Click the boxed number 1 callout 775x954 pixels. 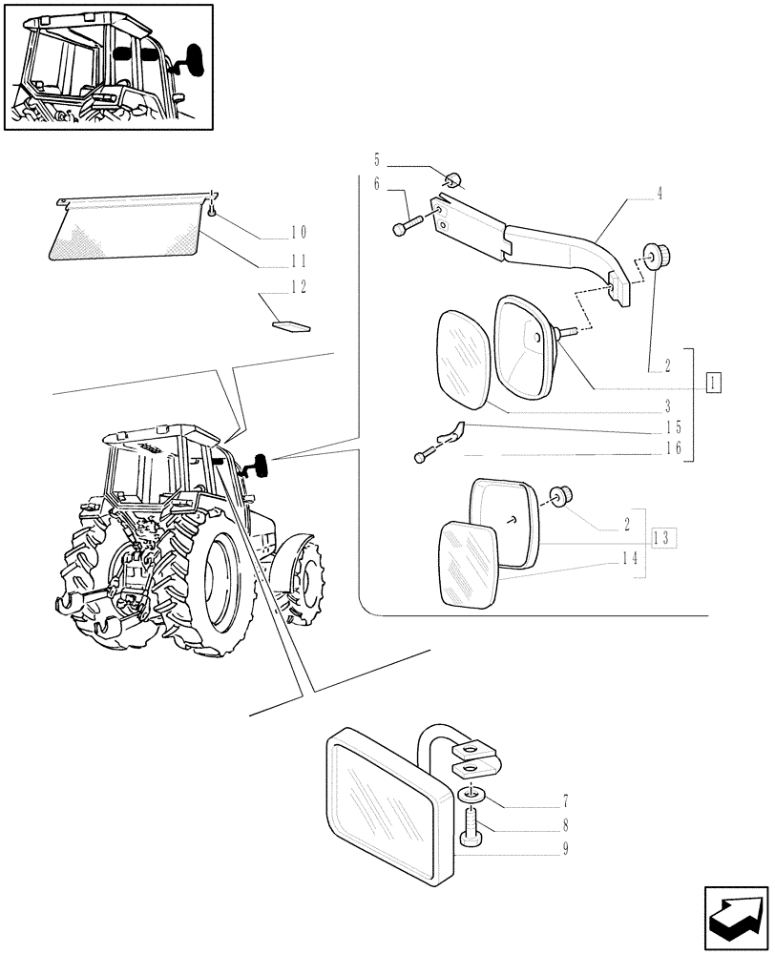(713, 384)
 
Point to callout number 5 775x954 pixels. (377, 159)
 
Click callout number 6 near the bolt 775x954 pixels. (377, 184)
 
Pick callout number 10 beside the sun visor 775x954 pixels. (299, 232)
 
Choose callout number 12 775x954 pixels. (299, 286)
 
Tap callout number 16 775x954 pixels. (674, 448)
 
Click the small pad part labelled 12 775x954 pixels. (291, 325)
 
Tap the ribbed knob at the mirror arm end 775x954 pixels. (656, 257)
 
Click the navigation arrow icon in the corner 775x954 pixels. (735, 918)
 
